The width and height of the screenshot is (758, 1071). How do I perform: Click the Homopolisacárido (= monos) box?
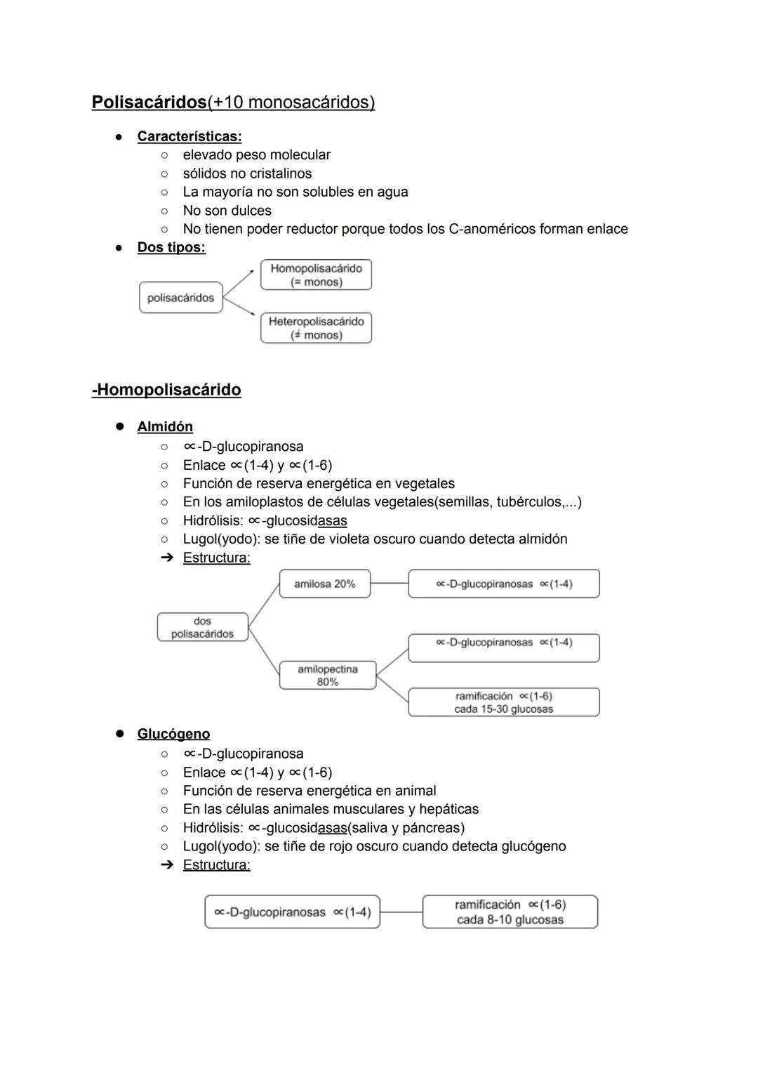[316, 275]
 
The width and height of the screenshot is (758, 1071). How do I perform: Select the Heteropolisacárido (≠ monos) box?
[316, 328]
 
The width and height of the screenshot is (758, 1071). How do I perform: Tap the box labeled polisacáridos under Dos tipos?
[180, 298]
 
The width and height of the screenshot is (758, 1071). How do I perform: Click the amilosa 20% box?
[324, 584]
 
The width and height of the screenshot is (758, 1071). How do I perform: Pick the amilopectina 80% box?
[327, 676]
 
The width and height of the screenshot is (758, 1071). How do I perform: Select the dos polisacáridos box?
[202, 627]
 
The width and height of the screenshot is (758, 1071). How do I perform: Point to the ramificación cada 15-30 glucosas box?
[503, 702]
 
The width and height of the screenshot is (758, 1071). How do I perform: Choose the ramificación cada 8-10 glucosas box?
[510, 912]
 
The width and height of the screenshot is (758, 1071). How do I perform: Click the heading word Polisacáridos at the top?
[149, 103]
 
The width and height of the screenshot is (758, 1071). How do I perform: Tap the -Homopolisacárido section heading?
[166, 390]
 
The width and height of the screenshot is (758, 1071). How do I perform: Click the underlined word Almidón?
[165, 427]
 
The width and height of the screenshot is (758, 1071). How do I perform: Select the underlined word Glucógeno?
[173, 734]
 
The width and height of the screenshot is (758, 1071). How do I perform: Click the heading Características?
[189, 136]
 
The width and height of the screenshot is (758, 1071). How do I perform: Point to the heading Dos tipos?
[171, 247]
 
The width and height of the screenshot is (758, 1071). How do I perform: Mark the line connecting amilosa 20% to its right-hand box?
[389, 583]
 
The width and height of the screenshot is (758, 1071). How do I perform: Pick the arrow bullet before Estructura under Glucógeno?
[166, 865]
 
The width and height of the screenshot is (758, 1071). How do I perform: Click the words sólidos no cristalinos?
[247, 173]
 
